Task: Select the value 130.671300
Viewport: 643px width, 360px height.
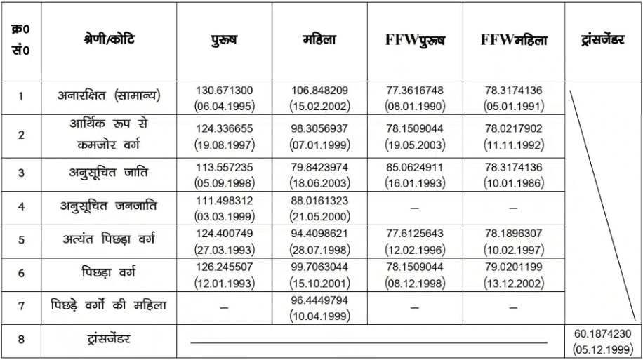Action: tap(225, 91)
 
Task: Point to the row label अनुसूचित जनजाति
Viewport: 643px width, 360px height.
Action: tap(108, 206)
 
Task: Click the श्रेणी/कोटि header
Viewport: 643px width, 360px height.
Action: tap(108, 40)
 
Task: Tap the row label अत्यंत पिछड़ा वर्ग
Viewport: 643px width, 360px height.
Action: tap(108, 239)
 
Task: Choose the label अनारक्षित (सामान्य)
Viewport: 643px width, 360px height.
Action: tap(108, 97)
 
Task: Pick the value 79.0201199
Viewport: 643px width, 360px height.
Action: tap(514, 266)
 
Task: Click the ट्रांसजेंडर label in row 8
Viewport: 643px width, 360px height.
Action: tap(108, 339)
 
